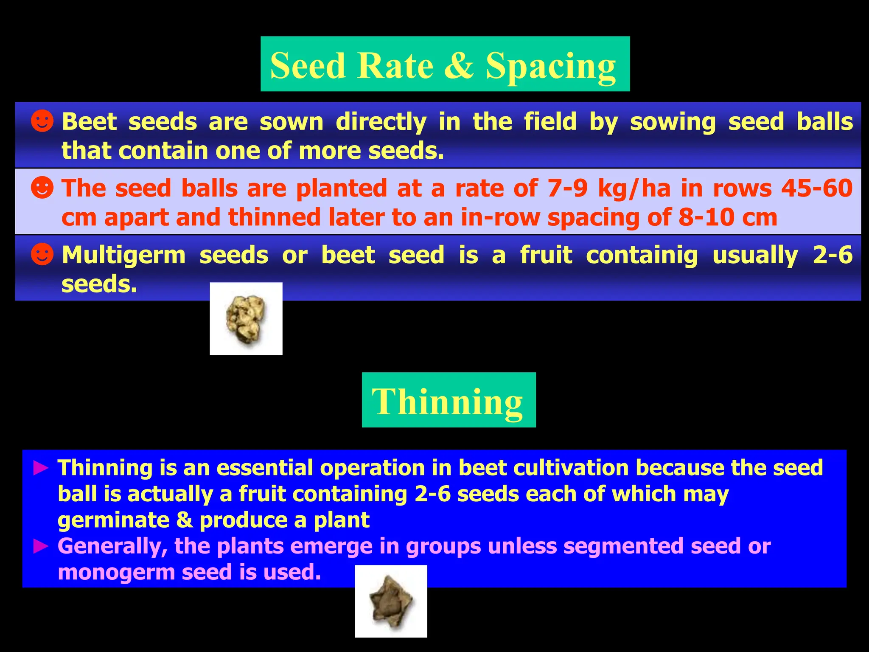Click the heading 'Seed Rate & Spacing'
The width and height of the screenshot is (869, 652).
[445, 65]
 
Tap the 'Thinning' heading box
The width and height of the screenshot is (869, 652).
[449, 400]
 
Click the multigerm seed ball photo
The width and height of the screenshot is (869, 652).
[246, 319]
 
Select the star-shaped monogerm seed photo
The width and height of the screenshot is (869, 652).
[391, 601]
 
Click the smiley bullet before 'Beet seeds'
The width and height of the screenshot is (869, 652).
[42, 121]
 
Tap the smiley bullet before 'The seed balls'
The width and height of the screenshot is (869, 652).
[42, 188]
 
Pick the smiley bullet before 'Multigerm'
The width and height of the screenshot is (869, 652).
[42, 254]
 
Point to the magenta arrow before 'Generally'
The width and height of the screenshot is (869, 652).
[41, 546]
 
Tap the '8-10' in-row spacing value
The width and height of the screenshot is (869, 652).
[706, 217]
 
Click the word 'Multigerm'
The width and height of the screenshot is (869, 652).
[123, 256]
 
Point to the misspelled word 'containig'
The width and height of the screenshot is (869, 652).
[642, 256]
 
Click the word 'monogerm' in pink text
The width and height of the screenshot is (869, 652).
[117, 573]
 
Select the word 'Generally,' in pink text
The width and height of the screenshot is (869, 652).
[112, 546]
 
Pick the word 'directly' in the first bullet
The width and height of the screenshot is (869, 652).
[381, 122]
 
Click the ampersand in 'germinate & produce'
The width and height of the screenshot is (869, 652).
[185, 520]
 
